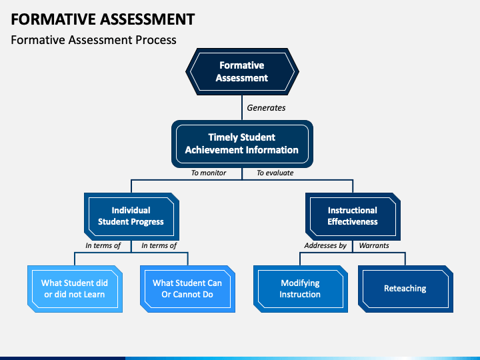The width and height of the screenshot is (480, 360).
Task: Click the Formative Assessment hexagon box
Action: (242, 71)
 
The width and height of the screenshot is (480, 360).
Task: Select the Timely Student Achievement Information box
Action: (242, 144)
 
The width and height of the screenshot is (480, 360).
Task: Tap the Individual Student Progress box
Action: (131, 217)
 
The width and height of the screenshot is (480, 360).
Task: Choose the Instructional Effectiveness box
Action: (353, 217)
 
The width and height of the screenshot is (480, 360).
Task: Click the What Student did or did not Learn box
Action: (75, 289)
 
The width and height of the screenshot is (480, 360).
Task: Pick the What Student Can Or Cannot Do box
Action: (187, 289)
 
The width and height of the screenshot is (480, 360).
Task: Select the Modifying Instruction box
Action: (300, 289)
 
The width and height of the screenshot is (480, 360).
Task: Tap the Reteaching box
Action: (405, 289)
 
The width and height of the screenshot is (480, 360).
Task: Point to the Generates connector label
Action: (266, 108)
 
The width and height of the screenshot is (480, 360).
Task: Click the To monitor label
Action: (209, 173)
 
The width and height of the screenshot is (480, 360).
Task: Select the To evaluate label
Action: (275, 173)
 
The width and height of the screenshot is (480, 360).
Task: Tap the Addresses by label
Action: (325, 245)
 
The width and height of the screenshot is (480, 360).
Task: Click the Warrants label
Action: (374, 245)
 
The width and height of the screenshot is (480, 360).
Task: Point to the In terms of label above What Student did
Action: (103, 245)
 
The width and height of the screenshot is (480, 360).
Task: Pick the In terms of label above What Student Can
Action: (159, 245)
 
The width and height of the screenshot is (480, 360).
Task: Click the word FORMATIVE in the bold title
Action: (53, 19)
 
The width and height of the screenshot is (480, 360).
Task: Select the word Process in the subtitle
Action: (156, 40)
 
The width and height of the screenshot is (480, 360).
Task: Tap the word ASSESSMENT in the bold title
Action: (147, 19)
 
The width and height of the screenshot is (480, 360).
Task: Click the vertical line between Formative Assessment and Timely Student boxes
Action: (242, 107)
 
